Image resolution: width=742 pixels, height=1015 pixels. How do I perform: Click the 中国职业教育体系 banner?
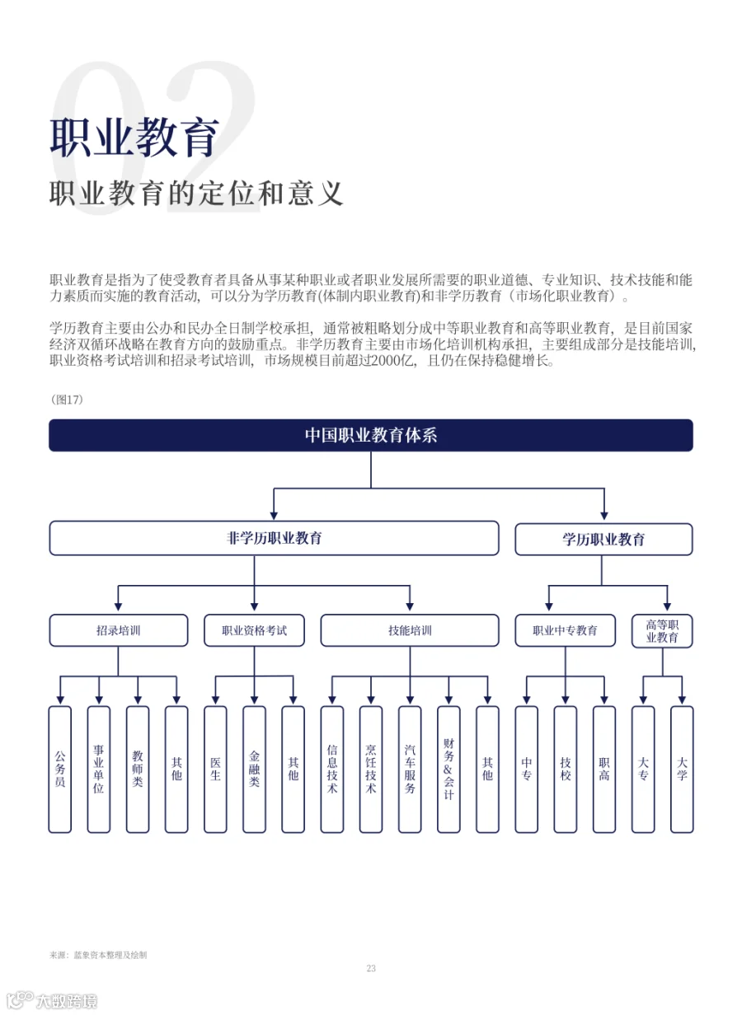370,435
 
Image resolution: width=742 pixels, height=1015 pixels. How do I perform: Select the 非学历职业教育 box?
274,538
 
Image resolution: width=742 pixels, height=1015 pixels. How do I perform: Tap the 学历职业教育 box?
603,539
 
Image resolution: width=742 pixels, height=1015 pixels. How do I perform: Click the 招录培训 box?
119,630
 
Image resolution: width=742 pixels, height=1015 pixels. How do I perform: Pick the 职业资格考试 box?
254,630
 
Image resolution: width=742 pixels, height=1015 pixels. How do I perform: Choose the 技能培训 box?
410,630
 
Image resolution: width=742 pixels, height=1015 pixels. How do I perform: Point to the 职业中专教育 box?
565,630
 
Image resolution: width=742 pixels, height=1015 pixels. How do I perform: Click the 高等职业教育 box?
662,631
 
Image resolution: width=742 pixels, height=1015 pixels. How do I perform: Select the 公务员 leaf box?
60,769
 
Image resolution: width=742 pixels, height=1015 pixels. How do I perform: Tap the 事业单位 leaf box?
99,769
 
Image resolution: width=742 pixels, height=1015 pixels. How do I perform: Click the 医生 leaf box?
215,769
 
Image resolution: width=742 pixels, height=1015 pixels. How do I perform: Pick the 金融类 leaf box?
254,769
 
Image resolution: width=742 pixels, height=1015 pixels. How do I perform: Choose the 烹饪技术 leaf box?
371,769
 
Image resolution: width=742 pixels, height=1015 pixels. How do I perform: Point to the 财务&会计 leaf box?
448,769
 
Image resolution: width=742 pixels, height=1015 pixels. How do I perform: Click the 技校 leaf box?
565,769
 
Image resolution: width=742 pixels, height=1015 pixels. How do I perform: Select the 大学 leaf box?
682,769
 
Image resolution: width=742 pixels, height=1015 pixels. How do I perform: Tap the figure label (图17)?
67,400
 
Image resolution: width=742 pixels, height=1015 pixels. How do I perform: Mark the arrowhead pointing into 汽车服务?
410,700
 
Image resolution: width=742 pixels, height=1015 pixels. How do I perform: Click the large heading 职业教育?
134,138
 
